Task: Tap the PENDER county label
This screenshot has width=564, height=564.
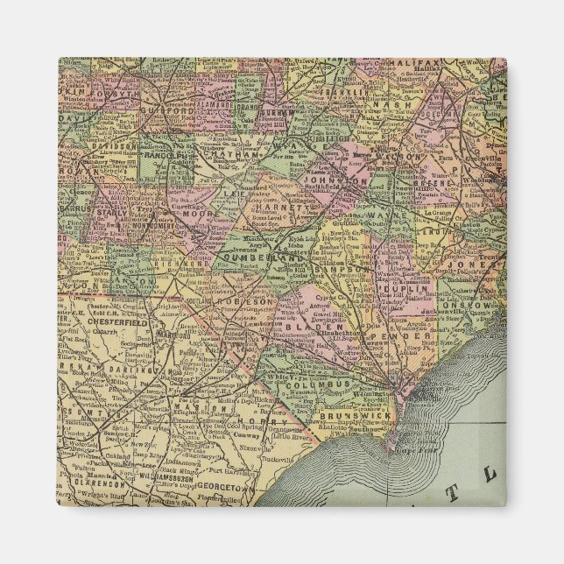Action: pos(394,336)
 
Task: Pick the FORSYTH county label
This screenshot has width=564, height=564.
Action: pos(102,77)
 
